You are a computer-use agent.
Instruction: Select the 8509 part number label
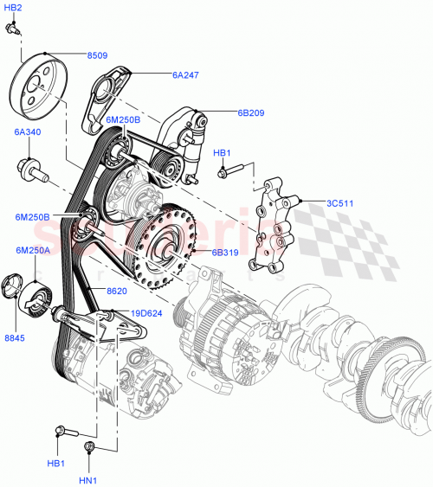point(97,55)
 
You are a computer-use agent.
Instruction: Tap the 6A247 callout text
point(184,75)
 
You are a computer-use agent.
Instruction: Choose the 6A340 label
point(27,132)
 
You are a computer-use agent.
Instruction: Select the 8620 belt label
point(116,292)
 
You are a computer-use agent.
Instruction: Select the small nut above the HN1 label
point(88,446)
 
